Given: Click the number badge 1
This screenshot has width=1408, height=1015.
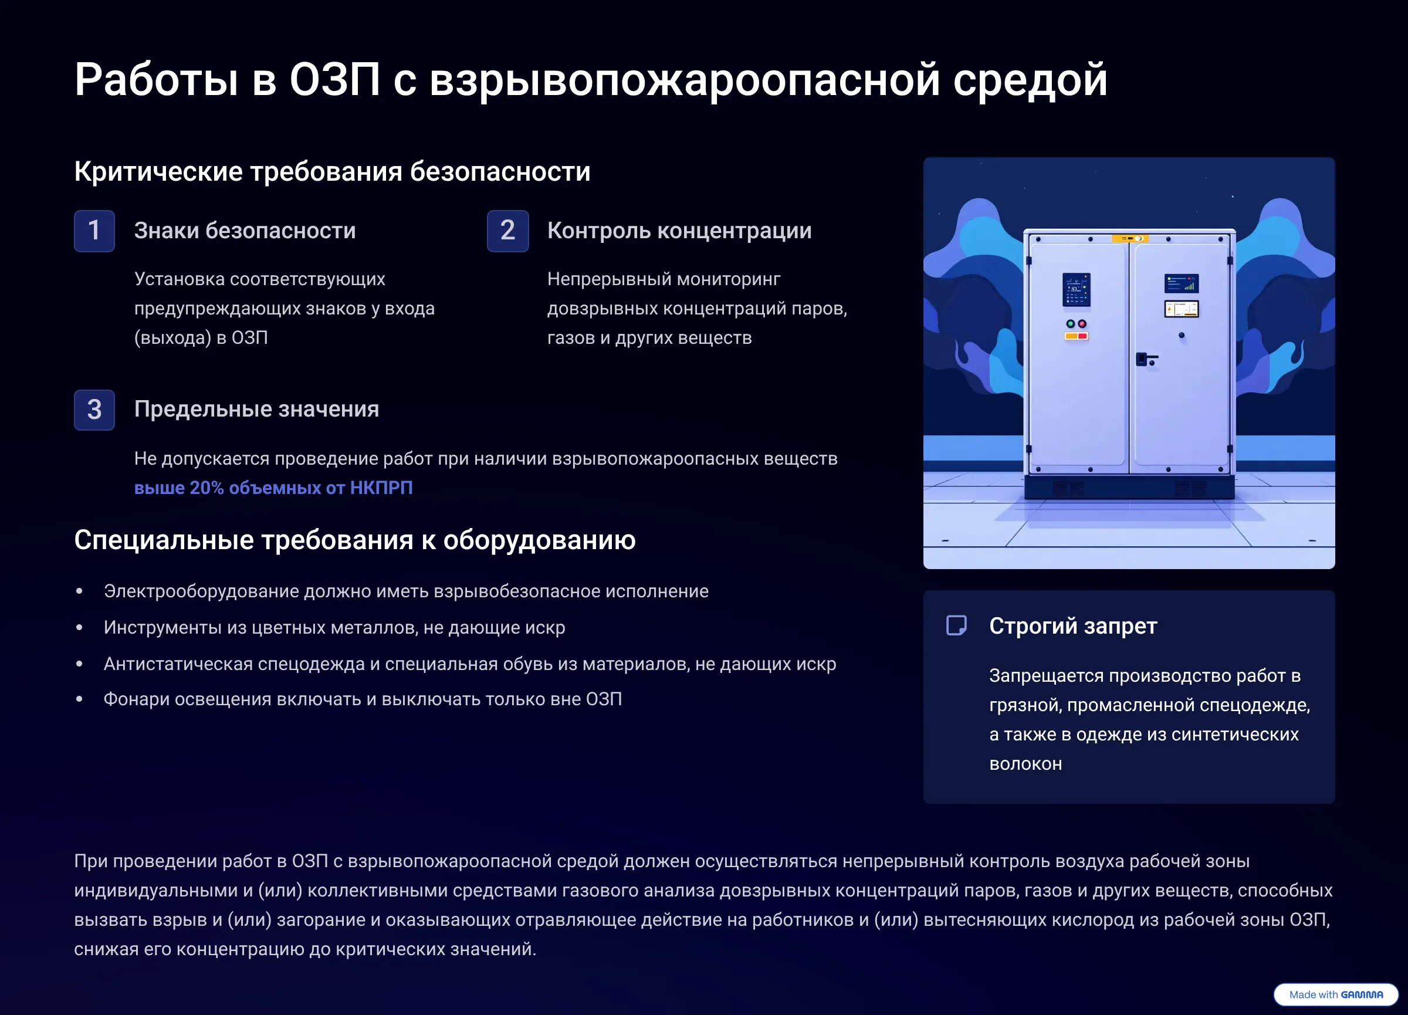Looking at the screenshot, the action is tap(94, 231).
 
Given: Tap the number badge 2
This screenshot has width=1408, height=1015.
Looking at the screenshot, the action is tap(508, 231).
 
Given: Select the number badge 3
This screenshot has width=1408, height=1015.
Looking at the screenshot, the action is tap(94, 410).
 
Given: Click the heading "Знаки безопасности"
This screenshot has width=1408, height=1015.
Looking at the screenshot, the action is tap(245, 231).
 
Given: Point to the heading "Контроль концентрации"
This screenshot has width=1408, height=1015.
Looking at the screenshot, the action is tap(679, 231).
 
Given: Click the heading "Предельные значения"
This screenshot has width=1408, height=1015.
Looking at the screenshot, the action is tap(256, 409).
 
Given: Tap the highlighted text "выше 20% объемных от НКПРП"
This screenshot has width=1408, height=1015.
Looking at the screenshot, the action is tap(273, 488).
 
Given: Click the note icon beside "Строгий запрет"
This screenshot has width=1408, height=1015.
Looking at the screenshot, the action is tap(956, 625).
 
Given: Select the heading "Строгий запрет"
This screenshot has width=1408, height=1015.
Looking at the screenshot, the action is tap(1073, 626).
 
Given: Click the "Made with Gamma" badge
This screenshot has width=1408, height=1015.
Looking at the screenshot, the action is tap(1336, 994).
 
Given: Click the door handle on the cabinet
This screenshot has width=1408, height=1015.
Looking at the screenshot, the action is tap(1146, 360).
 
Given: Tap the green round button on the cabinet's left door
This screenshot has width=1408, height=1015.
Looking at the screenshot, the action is tap(1070, 324).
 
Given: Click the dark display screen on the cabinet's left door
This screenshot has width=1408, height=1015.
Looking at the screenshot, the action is tap(1077, 289).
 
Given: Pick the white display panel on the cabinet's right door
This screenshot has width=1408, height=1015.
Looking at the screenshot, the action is tap(1182, 309).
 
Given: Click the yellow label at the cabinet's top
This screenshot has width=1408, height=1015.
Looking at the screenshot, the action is tap(1130, 238).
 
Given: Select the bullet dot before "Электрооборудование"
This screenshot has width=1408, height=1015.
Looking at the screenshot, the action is tap(79, 591).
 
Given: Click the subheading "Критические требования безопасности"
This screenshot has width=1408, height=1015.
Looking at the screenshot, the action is tap(332, 171).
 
